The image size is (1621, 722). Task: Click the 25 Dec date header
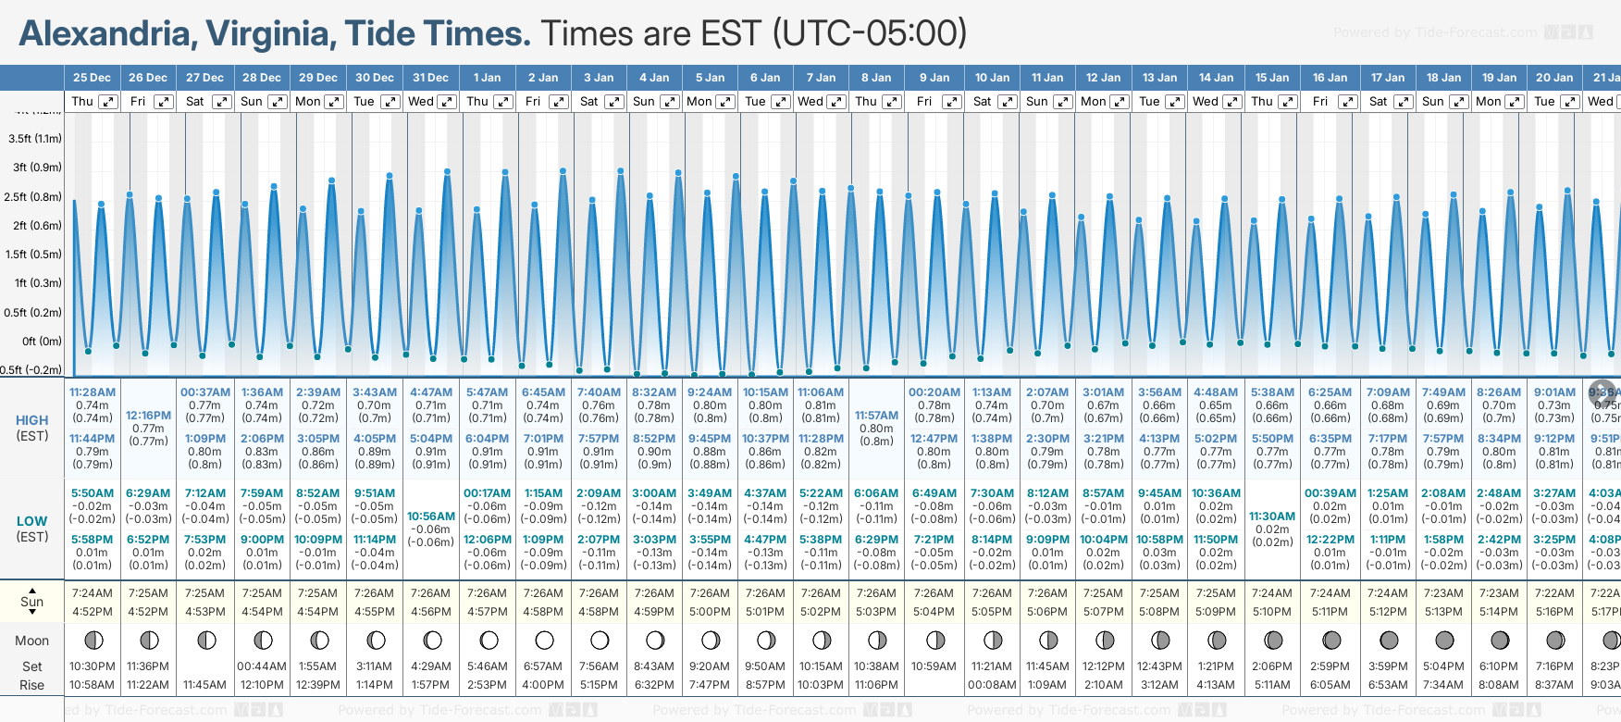[92, 78]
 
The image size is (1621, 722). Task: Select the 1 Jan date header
[487, 78]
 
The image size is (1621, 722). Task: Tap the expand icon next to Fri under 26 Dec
[163, 102]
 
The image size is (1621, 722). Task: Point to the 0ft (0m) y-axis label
[42, 341]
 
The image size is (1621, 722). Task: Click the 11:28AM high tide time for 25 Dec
[93, 392]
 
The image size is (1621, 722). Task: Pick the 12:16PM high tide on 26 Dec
[148, 416]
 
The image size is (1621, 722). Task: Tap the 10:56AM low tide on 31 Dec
[431, 517]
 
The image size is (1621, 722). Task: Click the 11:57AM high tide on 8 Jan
[876, 416]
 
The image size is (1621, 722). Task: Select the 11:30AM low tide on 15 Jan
[1272, 517]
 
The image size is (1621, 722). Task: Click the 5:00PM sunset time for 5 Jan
[710, 612]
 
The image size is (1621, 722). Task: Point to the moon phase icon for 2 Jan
[544, 640]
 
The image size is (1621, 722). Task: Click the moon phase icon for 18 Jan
[1444, 640]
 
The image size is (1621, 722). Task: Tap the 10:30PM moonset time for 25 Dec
[93, 666]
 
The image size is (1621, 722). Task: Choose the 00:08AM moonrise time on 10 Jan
[992, 685]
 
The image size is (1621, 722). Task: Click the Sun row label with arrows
[31, 601]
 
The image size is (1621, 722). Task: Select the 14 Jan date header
[1216, 78]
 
